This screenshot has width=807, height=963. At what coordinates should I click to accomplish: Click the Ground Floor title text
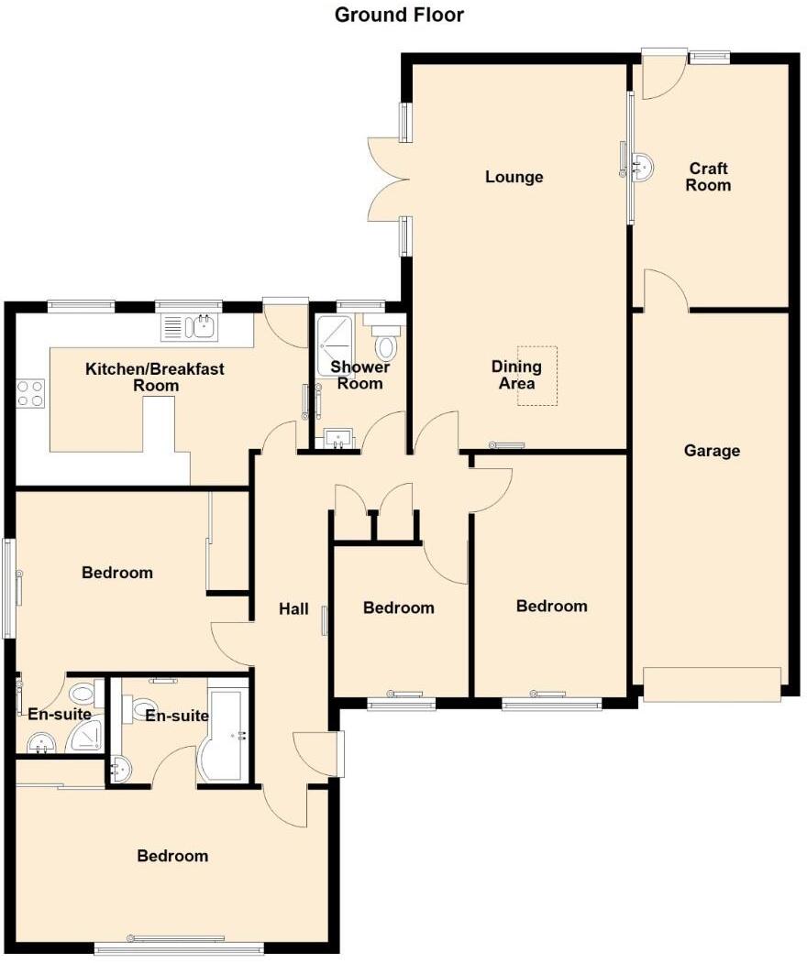click(x=399, y=15)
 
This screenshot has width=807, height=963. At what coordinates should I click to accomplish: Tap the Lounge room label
click(x=514, y=177)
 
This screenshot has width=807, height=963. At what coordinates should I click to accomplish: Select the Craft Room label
click(x=709, y=177)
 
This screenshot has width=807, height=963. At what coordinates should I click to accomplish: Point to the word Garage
click(x=712, y=451)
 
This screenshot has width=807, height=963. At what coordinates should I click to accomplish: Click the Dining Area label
click(x=516, y=375)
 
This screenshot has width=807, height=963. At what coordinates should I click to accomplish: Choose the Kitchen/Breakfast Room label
click(x=154, y=378)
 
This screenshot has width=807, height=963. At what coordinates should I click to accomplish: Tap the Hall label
click(x=293, y=608)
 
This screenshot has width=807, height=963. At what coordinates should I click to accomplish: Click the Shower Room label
click(x=359, y=375)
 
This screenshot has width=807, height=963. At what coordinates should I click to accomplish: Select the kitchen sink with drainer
click(x=189, y=326)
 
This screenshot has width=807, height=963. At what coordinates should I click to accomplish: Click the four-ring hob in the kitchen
click(x=30, y=393)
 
